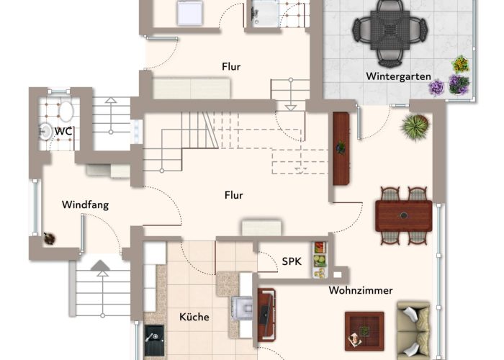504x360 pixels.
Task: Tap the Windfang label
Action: pyautogui.click(x=85, y=204)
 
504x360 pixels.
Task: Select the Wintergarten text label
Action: pyautogui.click(x=398, y=76)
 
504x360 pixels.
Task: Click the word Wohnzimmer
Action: pyautogui.click(x=361, y=291)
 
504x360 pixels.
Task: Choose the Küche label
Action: pyautogui.click(x=194, y=317)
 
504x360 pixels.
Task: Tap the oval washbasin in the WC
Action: pyautogui.click(x=66, y=112)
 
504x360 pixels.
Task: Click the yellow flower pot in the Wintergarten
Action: pyautogui.click(x=460, y=63)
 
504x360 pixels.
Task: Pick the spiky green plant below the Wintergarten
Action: pyautogui.click(x=415, y=127)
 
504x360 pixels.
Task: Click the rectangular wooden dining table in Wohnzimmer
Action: pyautogui.click(x=403, y=215)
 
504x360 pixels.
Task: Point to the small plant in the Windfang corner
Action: pyautogui.click(x=49, y=237)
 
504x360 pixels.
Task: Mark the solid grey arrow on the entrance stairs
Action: pyautogui.click(x=101, y=269)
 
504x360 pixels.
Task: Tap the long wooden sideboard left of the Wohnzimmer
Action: pyautogui.click(x=341, y=148)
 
